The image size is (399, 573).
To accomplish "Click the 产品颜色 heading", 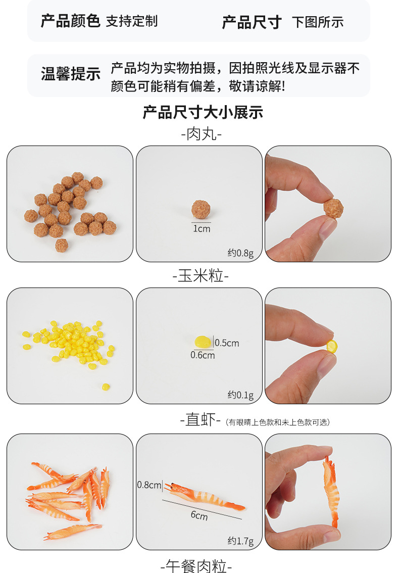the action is click(70, 21).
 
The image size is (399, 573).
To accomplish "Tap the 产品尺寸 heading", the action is click(252, 22).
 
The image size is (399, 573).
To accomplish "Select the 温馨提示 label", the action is click(71, 74).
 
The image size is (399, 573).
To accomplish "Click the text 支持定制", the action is click(132, 21).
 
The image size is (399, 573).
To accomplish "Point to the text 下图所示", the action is click(318, 22).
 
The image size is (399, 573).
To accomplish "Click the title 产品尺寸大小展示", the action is click(203, 112).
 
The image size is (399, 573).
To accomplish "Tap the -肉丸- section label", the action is click(202, 134).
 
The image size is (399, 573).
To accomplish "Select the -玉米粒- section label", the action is click(201, 275).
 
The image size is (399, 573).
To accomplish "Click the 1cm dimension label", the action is click(202, 229).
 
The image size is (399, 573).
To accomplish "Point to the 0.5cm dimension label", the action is click(227, 343).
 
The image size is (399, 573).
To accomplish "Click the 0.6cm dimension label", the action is click(203, 355).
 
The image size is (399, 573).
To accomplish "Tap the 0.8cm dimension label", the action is click(149, 485).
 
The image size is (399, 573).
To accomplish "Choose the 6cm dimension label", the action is click(199, 515).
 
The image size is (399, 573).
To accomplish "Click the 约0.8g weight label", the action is click(240, 253).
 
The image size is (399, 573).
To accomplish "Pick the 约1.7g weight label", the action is click(240, 541).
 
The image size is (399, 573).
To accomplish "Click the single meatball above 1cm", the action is click(201, 209).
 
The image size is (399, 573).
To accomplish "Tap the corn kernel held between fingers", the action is click(332, 346).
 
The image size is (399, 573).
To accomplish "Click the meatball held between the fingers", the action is click(333, 208).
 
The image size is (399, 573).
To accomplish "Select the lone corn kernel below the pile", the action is click(106, 387).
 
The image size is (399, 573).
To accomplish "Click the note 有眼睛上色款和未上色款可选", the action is click(278, 422).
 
